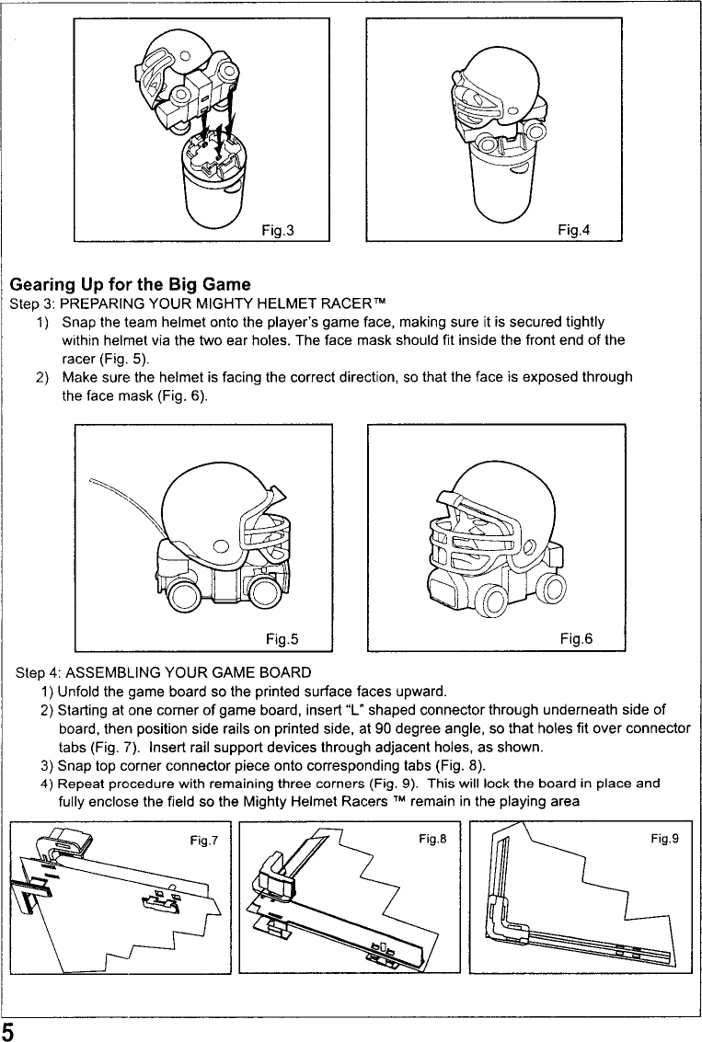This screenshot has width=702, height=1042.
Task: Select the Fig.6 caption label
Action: [575, 638]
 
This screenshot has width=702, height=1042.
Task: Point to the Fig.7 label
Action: [194, 838]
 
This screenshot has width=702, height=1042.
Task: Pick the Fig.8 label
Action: [430, 838]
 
